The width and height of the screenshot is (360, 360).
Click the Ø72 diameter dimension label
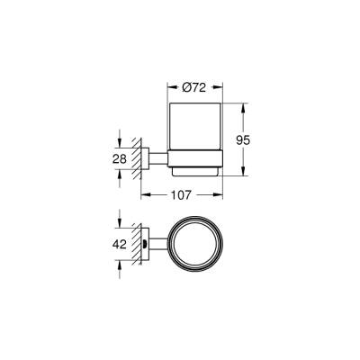tap(196, 86)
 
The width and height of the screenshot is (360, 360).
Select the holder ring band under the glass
tap(196, 164)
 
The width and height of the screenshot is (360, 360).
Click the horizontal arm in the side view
tap(159, 159)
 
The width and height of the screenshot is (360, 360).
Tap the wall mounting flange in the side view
tap(147, 159)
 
